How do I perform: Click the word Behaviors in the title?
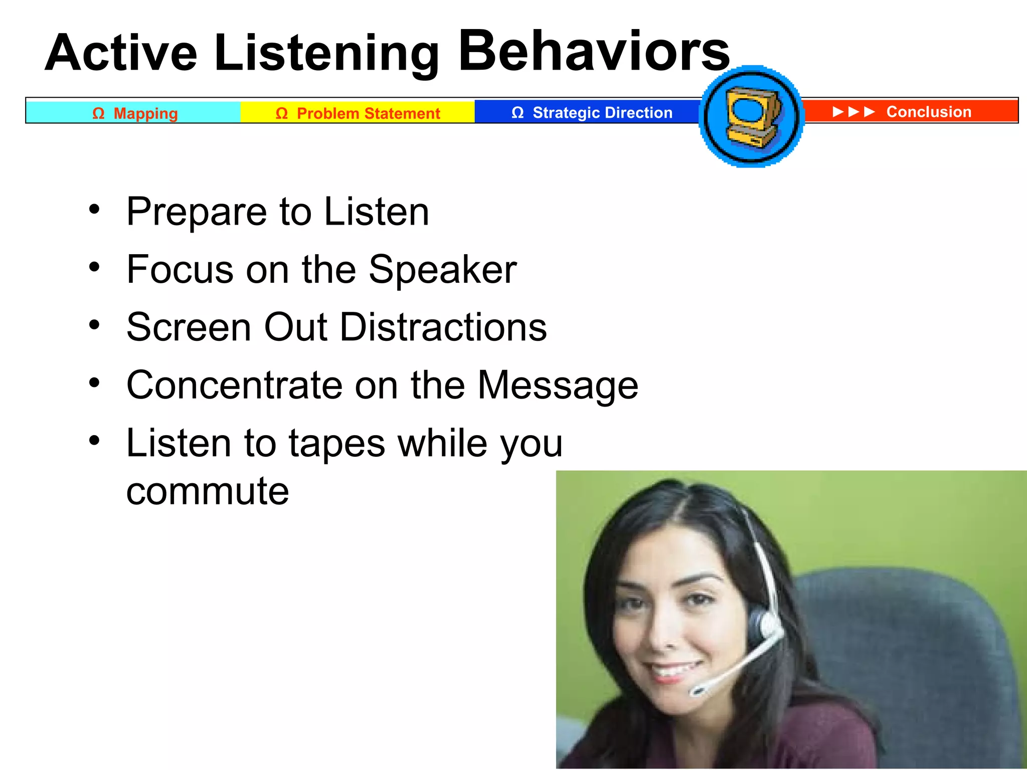click(594, 51)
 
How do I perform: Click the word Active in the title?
click(121, 53)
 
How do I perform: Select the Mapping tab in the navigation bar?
click(134, 113)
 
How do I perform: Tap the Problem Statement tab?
click(358, 113)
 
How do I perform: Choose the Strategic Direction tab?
click(592, 113)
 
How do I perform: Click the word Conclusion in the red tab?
click(929, 111)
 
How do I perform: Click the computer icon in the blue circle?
click(752, 117)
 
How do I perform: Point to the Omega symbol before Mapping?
click(98, 113)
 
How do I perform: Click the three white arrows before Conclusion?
click(853, 111)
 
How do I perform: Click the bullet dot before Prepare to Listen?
click(94, 209)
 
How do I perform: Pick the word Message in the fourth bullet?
click(558, 386)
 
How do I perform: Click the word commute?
click(208, 491)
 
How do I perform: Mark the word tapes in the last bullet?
click(337, 444)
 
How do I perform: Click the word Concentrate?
click(234, 386)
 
